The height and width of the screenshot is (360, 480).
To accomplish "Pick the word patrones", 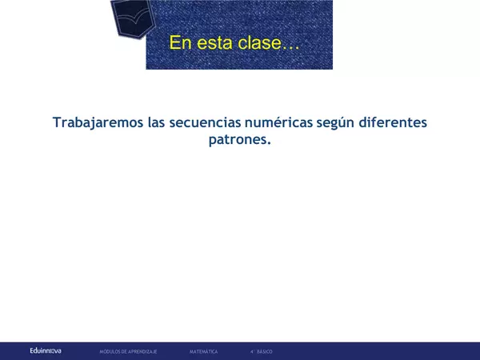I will point(238,141).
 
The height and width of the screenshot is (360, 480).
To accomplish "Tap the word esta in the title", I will point(214,42).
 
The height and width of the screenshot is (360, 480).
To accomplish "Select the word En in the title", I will point(181,42).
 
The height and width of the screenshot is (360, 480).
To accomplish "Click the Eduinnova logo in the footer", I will point(45,350).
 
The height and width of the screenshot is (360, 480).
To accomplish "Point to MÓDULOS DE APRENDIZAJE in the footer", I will point(128,351).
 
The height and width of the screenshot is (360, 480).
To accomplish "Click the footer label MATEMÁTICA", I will point(204,351).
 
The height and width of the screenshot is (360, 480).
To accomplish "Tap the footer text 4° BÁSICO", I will point(261,351).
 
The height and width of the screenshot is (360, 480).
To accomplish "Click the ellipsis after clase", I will point(289,46).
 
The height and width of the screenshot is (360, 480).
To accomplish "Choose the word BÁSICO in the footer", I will point(265,351).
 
